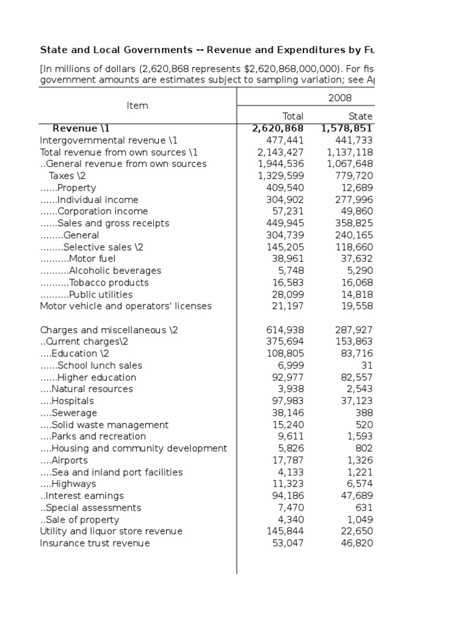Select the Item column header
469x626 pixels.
[x=137, y=106]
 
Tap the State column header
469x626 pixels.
[x=360, y=116]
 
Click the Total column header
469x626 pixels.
[x=293, y=116]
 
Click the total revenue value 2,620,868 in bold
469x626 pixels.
[x=278, y=128]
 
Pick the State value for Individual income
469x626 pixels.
[x=350, y=199]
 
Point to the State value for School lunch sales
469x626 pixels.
[x=366, y=366]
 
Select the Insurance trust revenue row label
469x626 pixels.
[x=95, y=543]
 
